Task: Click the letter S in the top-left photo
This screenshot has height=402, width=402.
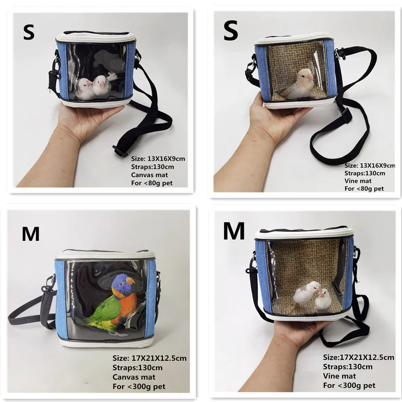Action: (29, 32)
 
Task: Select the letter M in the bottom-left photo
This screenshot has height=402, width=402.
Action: (31, 234)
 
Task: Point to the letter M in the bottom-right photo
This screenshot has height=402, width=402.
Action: (234, 231)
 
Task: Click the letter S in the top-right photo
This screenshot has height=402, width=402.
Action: (230, 32)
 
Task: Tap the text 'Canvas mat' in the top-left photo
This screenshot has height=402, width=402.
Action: (147, 175)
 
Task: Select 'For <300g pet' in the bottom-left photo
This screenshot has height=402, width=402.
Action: (139, 387)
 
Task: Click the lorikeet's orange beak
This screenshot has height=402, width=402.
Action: (130, 281)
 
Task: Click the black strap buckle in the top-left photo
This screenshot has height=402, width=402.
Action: (119, 151)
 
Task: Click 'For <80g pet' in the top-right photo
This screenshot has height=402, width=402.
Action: (364, 188)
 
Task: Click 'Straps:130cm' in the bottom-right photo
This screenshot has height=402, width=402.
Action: (347, 367)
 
